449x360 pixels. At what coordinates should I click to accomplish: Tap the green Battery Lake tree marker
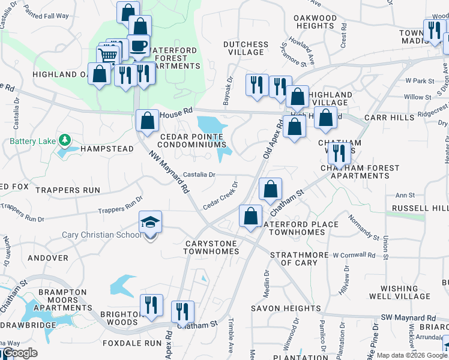pyautogui.click(x=65, y=141)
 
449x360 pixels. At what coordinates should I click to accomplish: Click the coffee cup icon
pyautogui.click(x=139, y=47)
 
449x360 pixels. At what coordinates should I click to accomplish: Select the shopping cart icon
pyautogui.click(x=108, y=55)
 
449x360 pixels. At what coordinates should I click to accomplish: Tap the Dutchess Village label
pyautogui.click(x=246, y=48)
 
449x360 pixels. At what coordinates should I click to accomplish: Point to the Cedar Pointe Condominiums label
pyautogui.click(x=190, y=140)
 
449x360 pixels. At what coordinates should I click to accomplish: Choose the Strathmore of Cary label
pyautogui.click(x=298, y=259)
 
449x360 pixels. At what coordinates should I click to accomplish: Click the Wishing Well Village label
pyautogui.click(x=406, y=292)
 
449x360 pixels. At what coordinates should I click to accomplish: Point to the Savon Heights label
pyautogui.click(x=285, y=308)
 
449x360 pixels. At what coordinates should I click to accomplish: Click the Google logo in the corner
pyautogui.click(x=20, y=353)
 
